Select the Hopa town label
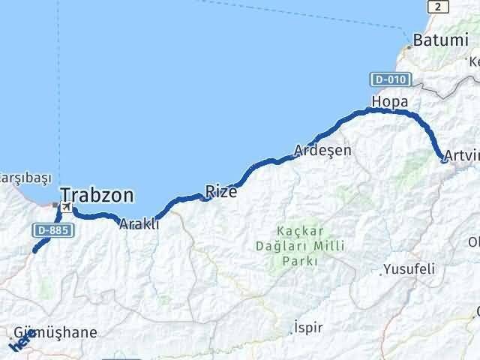coord(390,101)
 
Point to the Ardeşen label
coord(322,150)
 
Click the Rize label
coord(221,192)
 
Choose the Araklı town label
coord(139,223)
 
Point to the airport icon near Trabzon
coord(66,206)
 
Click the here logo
coord(20,342)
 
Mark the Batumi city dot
coord(409,46)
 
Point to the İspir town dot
coord(293,332)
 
